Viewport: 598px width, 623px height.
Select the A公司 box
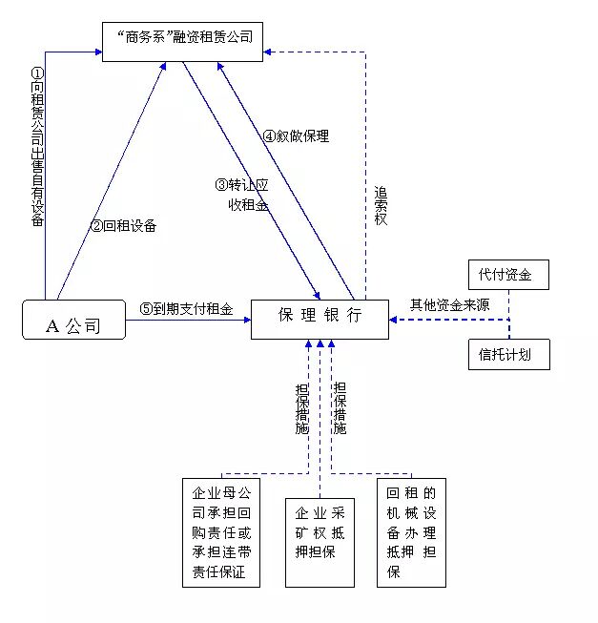[73, 320]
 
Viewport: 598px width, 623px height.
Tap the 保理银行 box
[320, 319]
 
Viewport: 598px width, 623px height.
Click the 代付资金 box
[507, 276]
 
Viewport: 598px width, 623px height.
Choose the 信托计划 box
[507, 354]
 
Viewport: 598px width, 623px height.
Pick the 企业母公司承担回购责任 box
[220, 531]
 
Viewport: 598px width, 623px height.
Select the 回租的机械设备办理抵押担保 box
[411, 531]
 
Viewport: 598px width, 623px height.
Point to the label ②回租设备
[123, 226]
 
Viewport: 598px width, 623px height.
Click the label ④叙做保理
[297, 136]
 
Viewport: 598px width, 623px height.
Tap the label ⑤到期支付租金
[186, 308]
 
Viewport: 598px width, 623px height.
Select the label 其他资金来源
[449, 305]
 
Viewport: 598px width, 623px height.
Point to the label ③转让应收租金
[243, 194]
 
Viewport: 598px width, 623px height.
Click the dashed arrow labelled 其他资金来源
[448, 320]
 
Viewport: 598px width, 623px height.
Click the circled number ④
[269, 136]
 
